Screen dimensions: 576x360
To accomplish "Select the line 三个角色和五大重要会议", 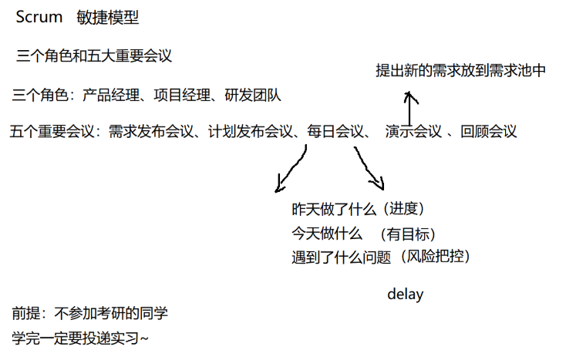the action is tap(93, 56).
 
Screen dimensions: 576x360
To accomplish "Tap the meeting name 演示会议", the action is tap(413, 132).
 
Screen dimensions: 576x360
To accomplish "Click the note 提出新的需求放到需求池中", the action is tap(460, 70).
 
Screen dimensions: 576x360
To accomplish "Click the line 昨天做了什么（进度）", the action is tap(358, 210).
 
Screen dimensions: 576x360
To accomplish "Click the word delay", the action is tap(405, 294).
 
